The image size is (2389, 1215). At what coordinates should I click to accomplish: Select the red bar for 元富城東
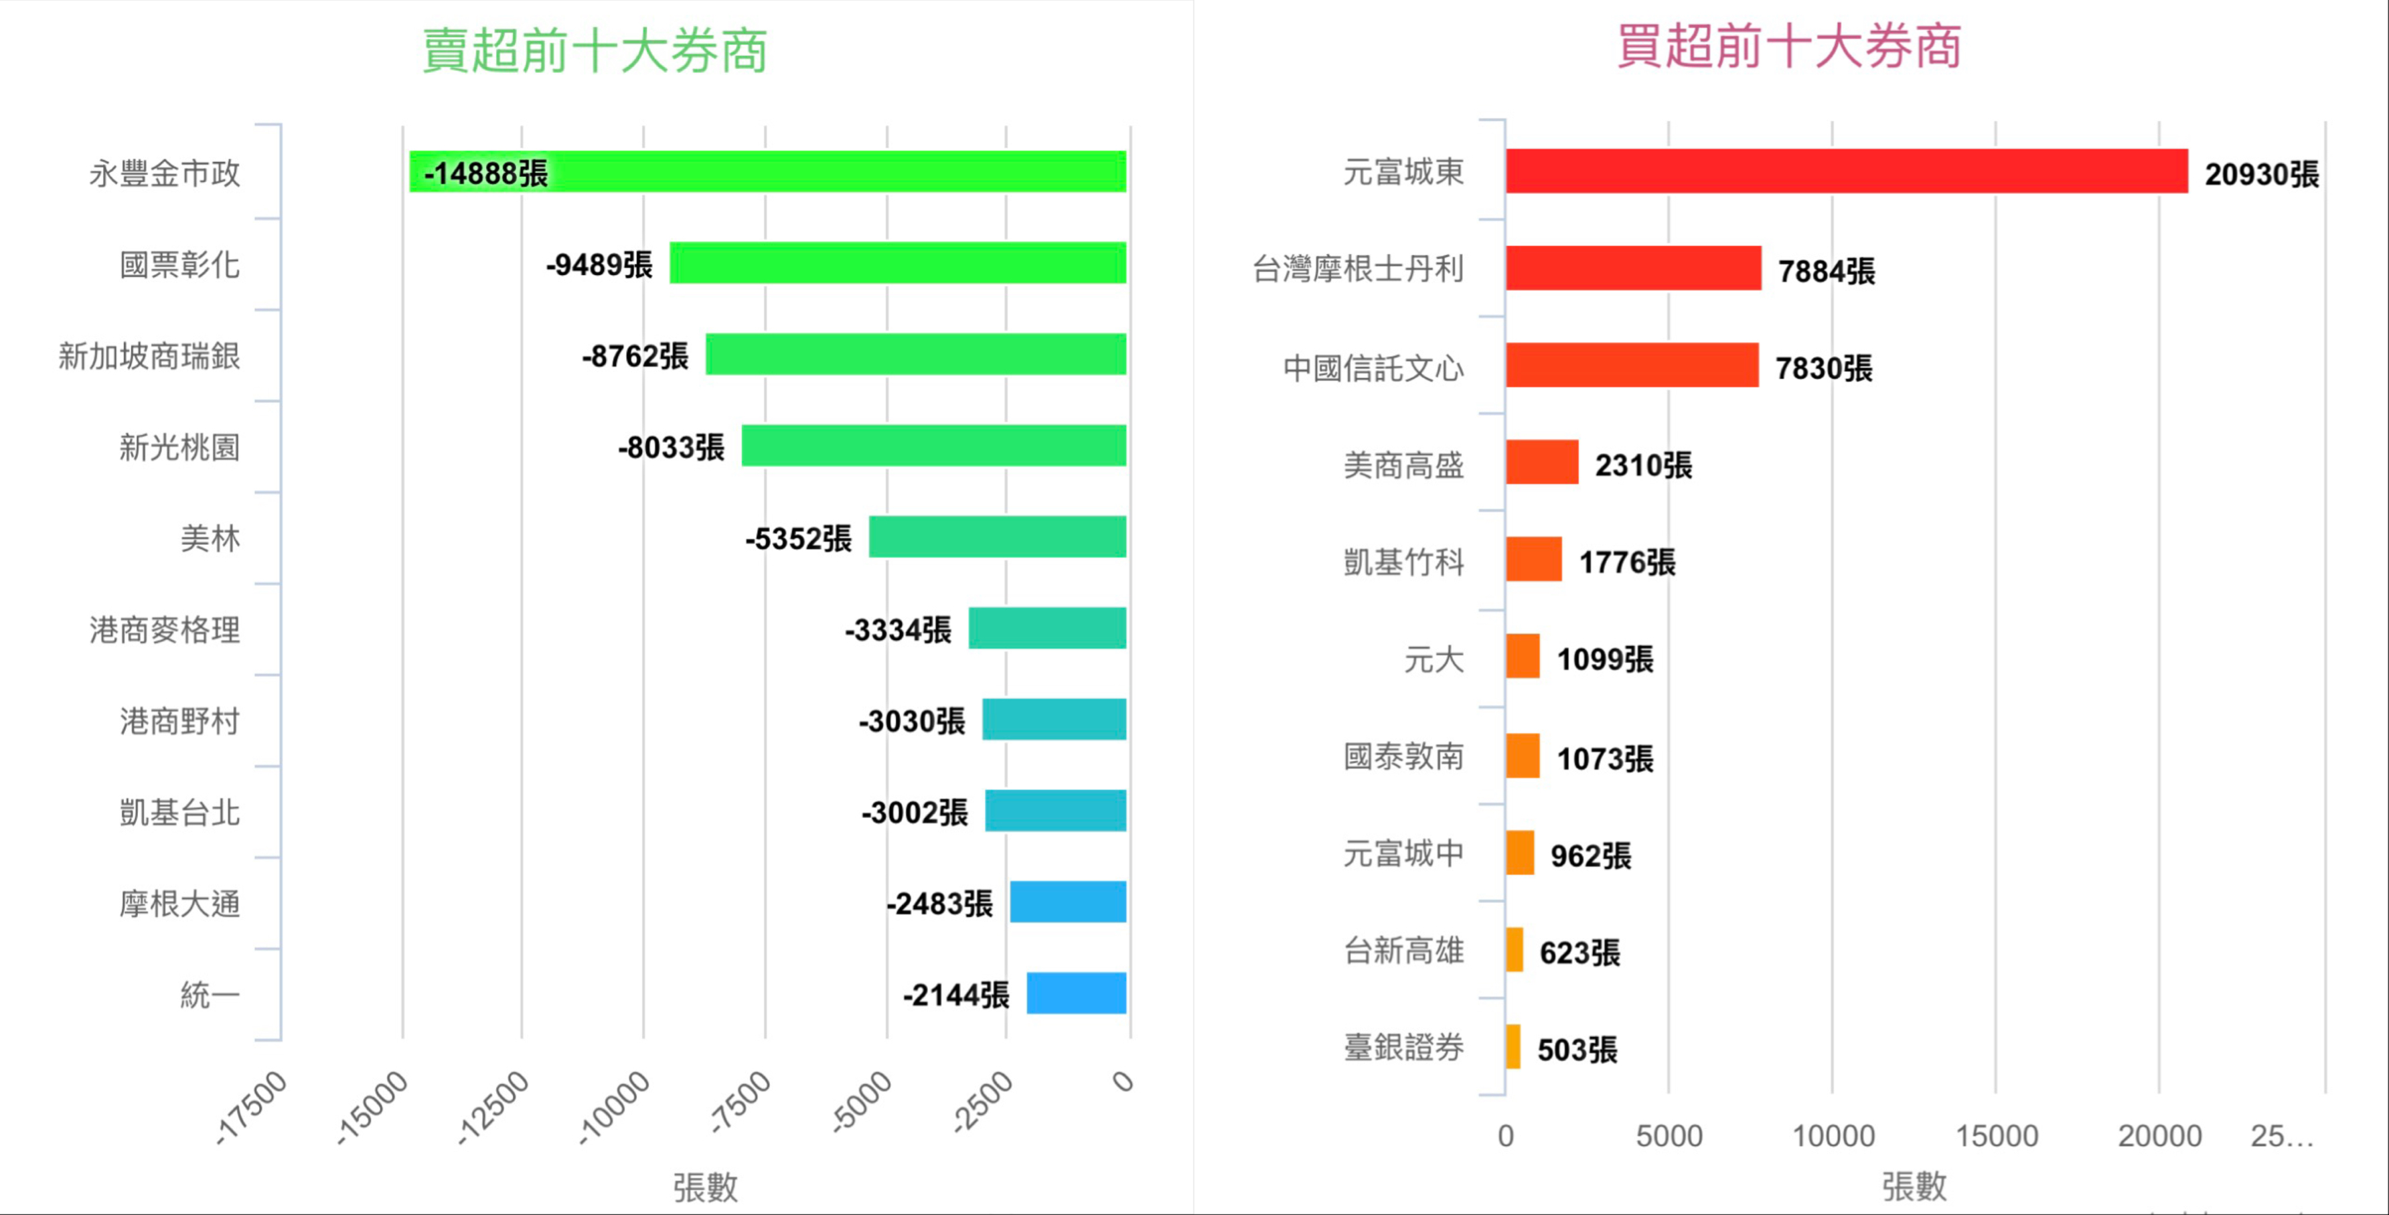click(x=1845, y=171)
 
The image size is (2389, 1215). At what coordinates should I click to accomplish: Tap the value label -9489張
click(x=599, y=265)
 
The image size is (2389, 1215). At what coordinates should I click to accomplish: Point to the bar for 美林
click(x=997, y=537)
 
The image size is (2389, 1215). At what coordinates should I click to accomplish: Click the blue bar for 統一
click(x=1076, y=993)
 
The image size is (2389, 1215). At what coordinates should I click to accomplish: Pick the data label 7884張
click(x=1826, y=272)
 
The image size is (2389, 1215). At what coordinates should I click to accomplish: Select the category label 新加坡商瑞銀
click(x=149, y=356)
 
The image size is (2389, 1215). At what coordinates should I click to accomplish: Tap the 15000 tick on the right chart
click(x=1996, y=1136)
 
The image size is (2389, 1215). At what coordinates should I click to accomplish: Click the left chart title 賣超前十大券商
click(x=595, y=51)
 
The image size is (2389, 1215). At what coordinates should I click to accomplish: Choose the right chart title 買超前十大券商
click(x=1788, y=46)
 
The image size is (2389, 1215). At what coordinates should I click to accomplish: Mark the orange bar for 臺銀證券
click(x=1513, y=1046)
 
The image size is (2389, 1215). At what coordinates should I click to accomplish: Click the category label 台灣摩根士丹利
click(x=1358, y=269)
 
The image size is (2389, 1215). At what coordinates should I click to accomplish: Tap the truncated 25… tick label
click(x=2281, y=1136)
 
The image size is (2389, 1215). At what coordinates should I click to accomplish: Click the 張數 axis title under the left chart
click(x=705, y=1187)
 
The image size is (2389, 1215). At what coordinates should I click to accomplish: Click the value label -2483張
click(x=939, y=903)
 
